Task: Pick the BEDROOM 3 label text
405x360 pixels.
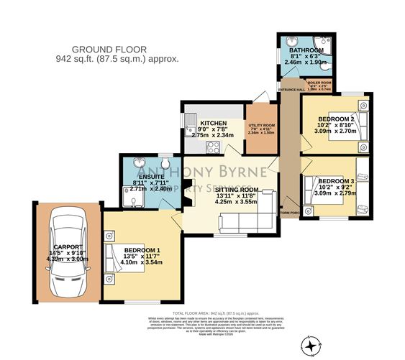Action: [x=336, y=180]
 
